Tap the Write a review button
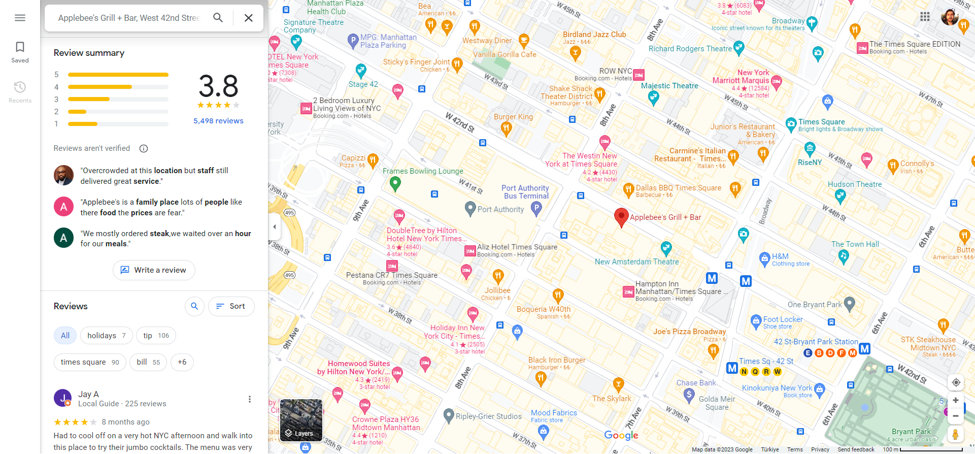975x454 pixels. coord(154,270)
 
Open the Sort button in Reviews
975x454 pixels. coord(231,306)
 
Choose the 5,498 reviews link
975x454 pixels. coord(218,121)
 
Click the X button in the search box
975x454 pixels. coord(248,18)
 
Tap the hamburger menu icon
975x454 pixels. coord(20,18)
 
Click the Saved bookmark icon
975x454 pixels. coord(20,47)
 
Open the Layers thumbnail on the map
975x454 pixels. coord(301,420)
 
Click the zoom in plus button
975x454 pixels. coord(955,400)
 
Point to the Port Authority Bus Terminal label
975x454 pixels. coord(525,192)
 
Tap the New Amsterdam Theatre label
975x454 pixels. coord(636,262)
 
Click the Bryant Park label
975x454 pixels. coord(911,431)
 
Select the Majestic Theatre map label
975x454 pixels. coord(669,86)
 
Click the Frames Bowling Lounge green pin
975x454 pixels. coord(395,183)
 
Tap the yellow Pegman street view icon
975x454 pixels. coord(955,434)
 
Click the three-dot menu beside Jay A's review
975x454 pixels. coord(249,399)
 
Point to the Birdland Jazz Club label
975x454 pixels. coord(594,35)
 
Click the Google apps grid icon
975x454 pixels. coord(925,17)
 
